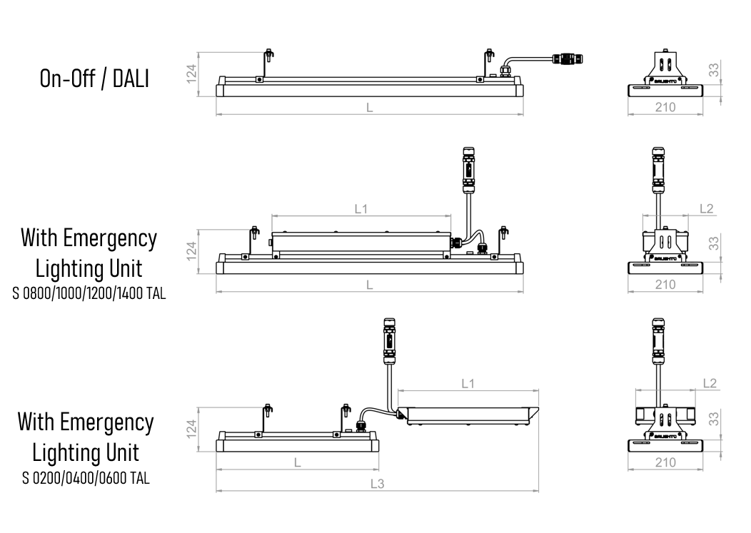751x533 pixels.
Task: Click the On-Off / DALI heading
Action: pos(94,79)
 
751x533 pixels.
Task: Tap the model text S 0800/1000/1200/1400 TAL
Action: pos(89,293)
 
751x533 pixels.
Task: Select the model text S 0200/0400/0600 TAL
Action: pos(86,478)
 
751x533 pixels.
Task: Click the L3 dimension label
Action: pos(378,484)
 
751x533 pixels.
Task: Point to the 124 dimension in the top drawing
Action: pos(191,74)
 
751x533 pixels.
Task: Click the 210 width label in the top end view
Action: pos(665,107)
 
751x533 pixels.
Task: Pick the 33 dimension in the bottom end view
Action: pos(714,419)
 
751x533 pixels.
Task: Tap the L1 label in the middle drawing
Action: pos(361,209)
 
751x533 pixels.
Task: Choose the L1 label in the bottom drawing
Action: pos(468,384)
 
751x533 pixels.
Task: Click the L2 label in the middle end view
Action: pos(707,209)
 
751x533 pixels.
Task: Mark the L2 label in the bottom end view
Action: pos(710,383)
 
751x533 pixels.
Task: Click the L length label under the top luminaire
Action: pos(370,108)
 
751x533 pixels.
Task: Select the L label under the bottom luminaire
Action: pos(298,462)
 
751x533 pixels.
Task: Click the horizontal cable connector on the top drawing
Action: pos(568,59)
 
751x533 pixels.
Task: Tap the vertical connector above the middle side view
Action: pos(468,170)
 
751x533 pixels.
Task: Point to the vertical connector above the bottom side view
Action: pos(389,341)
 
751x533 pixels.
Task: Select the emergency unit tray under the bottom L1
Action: pos(468,415)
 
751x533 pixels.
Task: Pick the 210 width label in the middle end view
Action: pos(665,285)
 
